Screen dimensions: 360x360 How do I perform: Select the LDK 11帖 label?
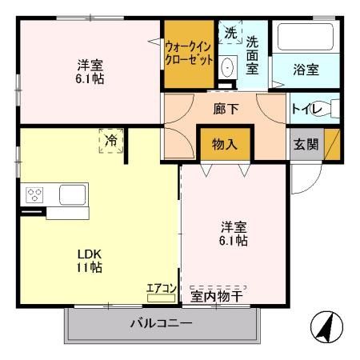tap(90, 260)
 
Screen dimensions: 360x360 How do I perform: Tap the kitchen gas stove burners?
tap(34, 194)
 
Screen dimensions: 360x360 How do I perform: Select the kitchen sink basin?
tap(72, 194)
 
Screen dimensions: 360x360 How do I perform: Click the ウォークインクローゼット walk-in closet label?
tap(190, 53)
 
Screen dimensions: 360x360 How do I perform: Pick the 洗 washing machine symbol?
tap(230, 34)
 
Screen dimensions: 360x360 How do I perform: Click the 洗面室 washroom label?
tap(253, 55)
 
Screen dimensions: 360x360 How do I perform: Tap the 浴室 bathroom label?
tap(306, 70)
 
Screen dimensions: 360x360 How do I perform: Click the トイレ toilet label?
tap(304, 110)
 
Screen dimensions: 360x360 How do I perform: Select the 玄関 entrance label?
tap(305, 145)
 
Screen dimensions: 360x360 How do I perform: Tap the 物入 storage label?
tap(224, 145)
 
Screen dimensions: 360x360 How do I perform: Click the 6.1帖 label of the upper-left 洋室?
tap(90, 78)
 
